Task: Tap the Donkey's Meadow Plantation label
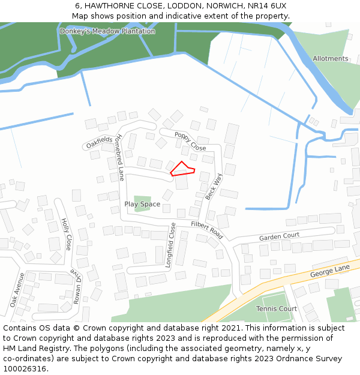pyautogui.click(x=107, y=31)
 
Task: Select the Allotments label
pyautogui.click(x=330, y=59)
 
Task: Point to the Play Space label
pyautogui.click(x=142, y=205)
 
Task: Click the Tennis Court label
pyautogui.click(x=276, y=309)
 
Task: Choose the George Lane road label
pyautogui.click(x=329, y=271)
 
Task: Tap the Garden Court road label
pyautogui.click(x=279, y=237)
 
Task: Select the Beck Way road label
pyautogui.click(x=214, y=187)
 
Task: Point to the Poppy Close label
pyautogui.click(x=191, y=141)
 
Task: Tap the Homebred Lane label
pyautogui.click(x=120, y=157)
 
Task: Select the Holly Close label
pyautogui.click(x=66, y=234)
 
